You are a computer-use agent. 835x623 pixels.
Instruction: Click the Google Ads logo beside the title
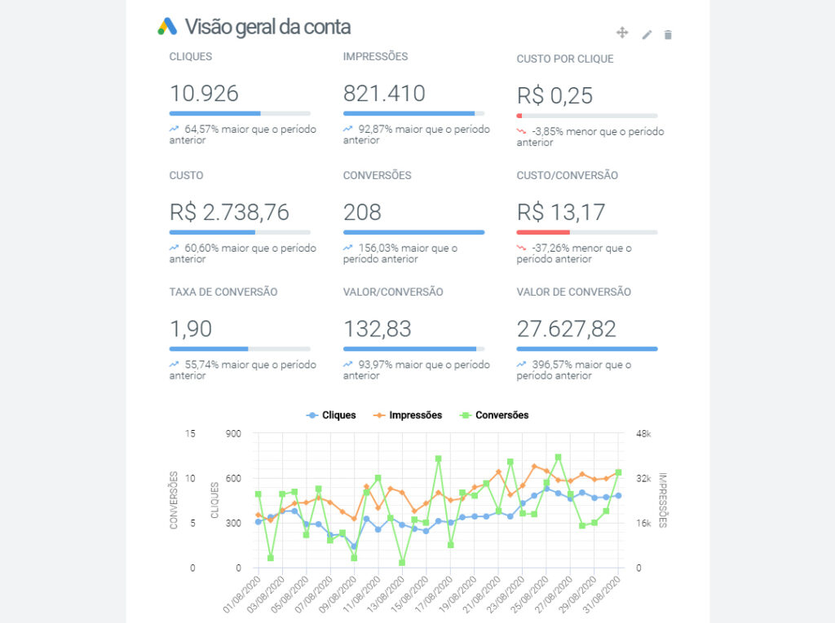pyautogui.click(x=167, y=27)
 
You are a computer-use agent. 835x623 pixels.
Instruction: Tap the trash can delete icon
pyautogui.click(x=668, y=34)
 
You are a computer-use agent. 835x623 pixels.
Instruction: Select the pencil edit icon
pyautogui.click(x=647, y=34)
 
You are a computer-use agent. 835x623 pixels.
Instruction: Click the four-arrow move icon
pyautogui.click(x=622, y=33)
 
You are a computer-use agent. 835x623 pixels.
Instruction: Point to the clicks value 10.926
pyautogui.click(x=204, y=94)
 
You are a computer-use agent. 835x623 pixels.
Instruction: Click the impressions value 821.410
pyautogui.click(x=384, y=94)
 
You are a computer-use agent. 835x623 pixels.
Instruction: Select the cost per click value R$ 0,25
pyautogui.click(x=554, y=96)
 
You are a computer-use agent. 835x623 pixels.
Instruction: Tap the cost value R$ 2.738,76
pyautogui.click(x=229, y=213)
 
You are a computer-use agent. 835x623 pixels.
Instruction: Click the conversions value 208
pyautogui.click(x=362, y=213)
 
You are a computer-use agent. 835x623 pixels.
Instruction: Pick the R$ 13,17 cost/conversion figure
pyautogui.click(x=561, y=213)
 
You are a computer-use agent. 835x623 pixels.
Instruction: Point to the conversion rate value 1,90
pyautogui.click(x=191, y=329)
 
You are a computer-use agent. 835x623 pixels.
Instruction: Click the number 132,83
pyautogui.click(x=378, y=329)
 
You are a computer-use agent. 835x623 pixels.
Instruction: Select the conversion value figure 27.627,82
pyautogui.click(x=567, y=329)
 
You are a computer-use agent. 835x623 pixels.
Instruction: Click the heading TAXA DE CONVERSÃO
pyautogui.click(x=223, y=292)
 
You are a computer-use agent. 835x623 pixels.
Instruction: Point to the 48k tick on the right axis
pyautogui.click(x=643, y=434)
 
